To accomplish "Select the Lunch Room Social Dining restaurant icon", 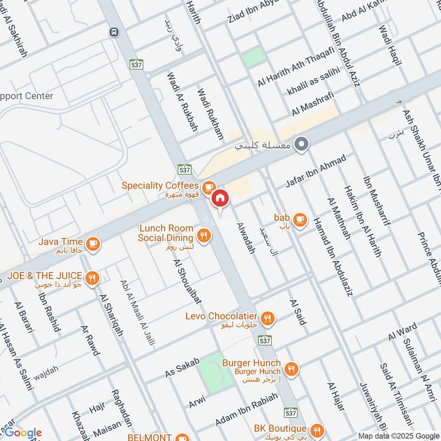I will pos(203,236).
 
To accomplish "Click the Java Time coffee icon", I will pos(93,243).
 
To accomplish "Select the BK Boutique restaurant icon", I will pos(316,429).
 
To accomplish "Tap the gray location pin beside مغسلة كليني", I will pos(301,146).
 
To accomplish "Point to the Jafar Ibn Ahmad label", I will pos(316,172).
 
